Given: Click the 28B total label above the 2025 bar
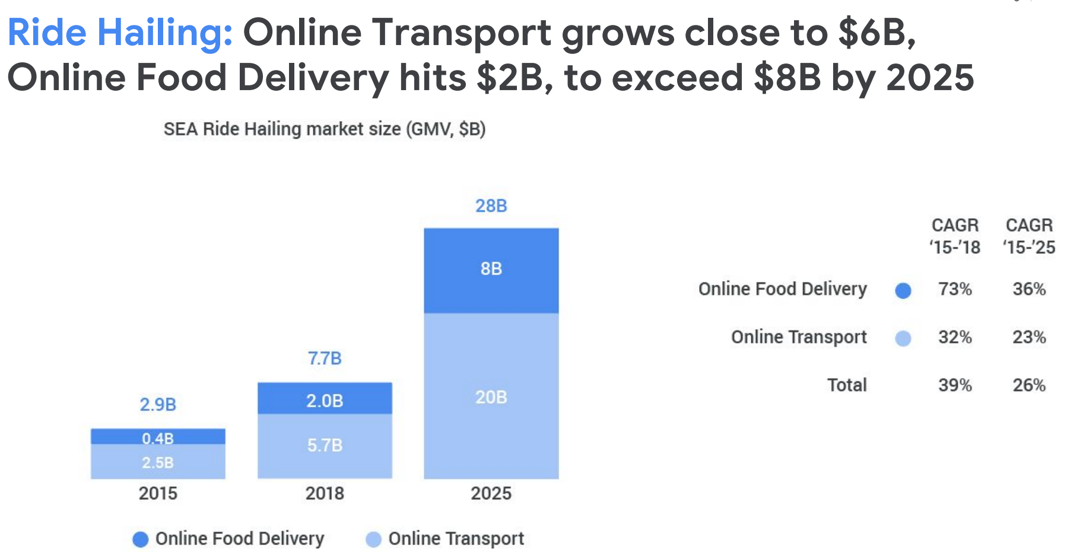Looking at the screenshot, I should coord(491,206).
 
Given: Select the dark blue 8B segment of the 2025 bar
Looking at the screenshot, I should coord(491,270).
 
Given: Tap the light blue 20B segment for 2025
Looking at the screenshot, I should coord(491,396).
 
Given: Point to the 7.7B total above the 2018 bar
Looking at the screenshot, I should coord(325,358).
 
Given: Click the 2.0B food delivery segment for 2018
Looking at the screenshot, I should coord(325,399).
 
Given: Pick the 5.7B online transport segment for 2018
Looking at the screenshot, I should coord(325,445).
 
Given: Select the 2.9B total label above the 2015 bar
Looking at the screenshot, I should coord(158,405).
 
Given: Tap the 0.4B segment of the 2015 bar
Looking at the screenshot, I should coord(158,437).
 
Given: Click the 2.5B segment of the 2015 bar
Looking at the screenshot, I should coord(158,462).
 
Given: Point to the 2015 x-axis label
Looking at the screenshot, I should coord(158,493).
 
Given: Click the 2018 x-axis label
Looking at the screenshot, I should coord(325,493).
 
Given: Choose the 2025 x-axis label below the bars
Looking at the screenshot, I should coord(491,493).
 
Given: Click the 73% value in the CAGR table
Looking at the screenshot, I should coord(955,289).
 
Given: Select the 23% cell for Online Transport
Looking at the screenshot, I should coord(1029,337).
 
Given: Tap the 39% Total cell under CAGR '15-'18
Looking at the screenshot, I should coord(955,385).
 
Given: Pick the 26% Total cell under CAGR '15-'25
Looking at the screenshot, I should coord(1029,385).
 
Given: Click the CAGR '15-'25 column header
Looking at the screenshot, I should coord(1029,236).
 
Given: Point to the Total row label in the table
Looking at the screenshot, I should coord(847,385).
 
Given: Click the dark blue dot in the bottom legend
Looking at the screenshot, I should coord(141,539).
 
